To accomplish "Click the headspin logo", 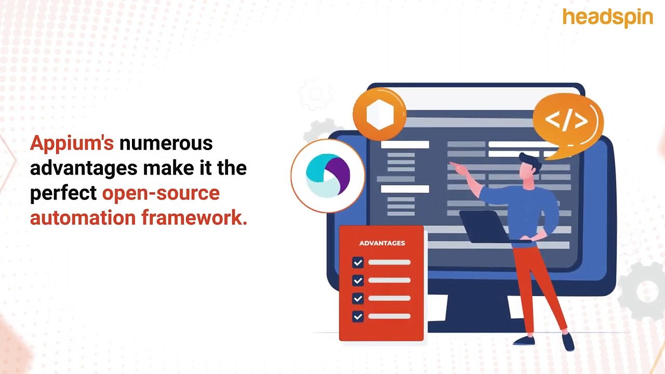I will [x=607, y=18].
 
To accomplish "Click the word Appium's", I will [x=72, y=143].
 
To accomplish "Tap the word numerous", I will [x=166, y=143].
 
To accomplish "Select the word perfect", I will [x=63, y=193].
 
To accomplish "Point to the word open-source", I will [x=161, y=193].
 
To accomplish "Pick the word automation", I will [x=83, y=218].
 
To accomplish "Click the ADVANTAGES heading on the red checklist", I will [x=382, y=243].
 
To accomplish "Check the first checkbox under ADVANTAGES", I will [x=357, y=263].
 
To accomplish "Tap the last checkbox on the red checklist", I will [x=357, y=316].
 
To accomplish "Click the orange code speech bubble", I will [x=567, y=122].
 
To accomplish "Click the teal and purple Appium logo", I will [x=327, y=176].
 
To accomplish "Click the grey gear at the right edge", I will [x=644, y=291].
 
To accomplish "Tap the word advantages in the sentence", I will [x=84, y=168].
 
